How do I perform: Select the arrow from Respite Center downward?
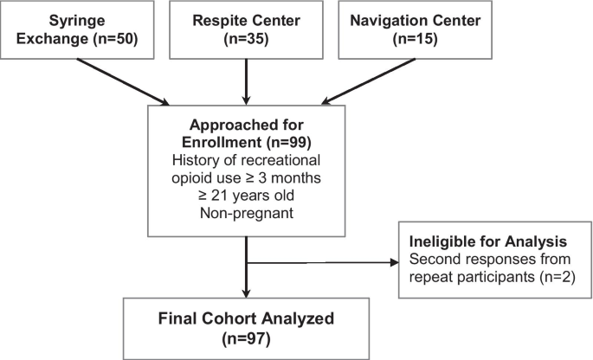pyautogui.click(x=248, y=81)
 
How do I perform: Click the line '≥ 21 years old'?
pyautogui.click(x=248, y=195)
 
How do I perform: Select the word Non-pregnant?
pyautogui.click(x=248, y=212)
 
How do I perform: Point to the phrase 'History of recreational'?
pyautogui.click(x=248, y=159)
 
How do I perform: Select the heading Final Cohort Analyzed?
pyautogui.click(x=248, y=316)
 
